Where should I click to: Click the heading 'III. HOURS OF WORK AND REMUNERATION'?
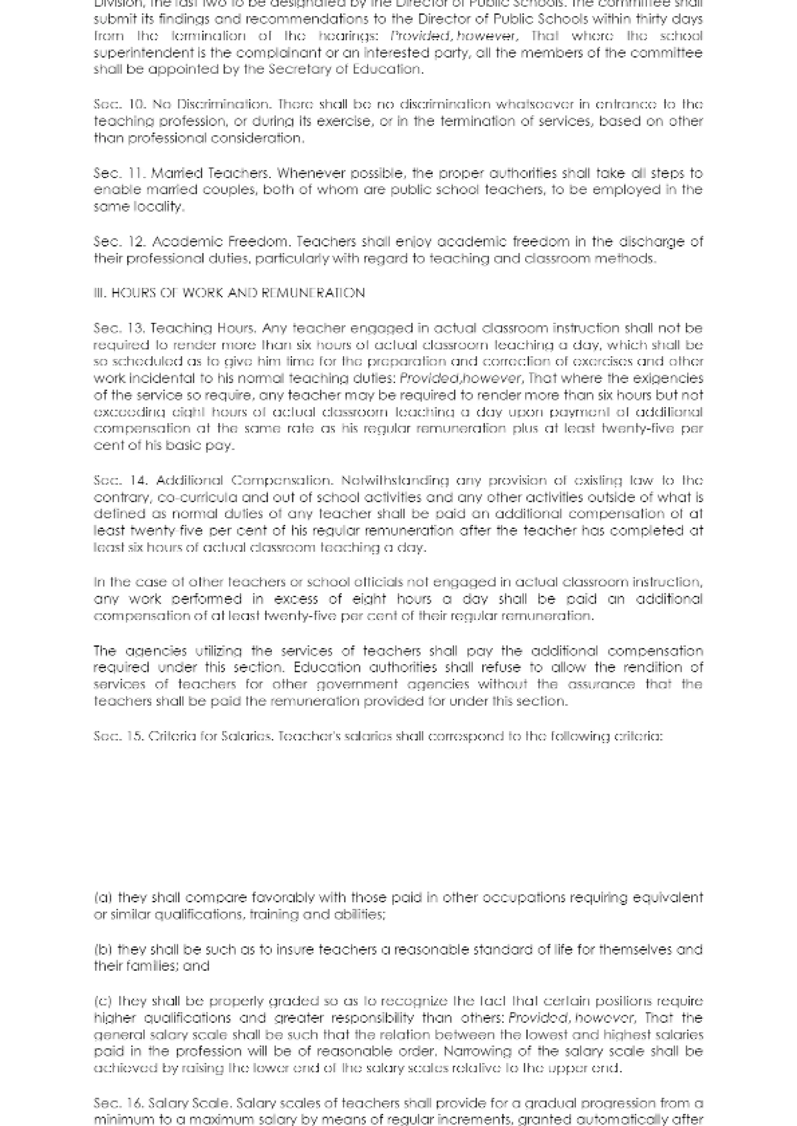point(229,293)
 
